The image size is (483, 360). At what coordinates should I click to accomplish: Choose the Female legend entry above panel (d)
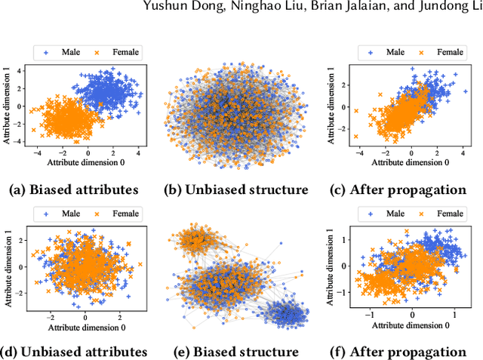tap(110, 214)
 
